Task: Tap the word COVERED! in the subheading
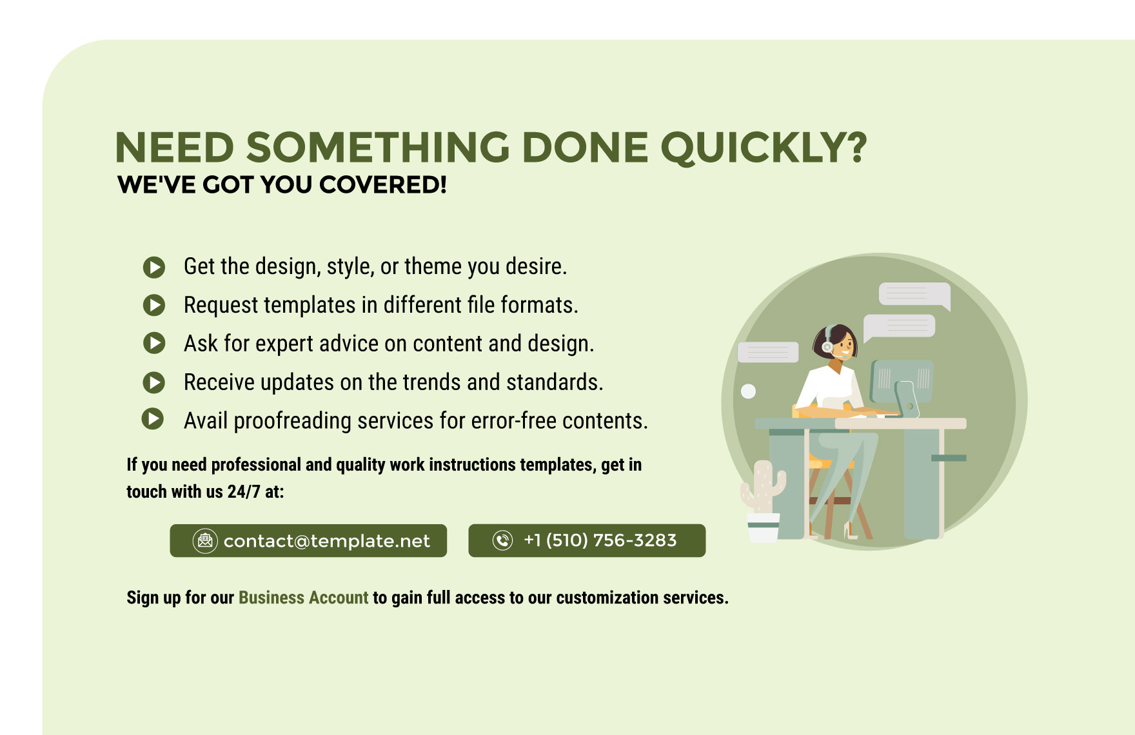click(383, 185)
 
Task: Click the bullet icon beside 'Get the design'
click(154, 267)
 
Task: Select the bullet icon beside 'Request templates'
click(154, 305)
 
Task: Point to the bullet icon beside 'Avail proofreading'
click(153, 419)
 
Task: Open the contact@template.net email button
click(308, 540)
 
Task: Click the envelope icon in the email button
click(205, 540)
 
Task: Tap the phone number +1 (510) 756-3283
click(600, 540)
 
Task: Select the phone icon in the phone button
click(502, 540)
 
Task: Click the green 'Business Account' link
click(303, 598)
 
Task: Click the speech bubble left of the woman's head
click(768, 352)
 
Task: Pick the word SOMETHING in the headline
click(378, 148)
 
